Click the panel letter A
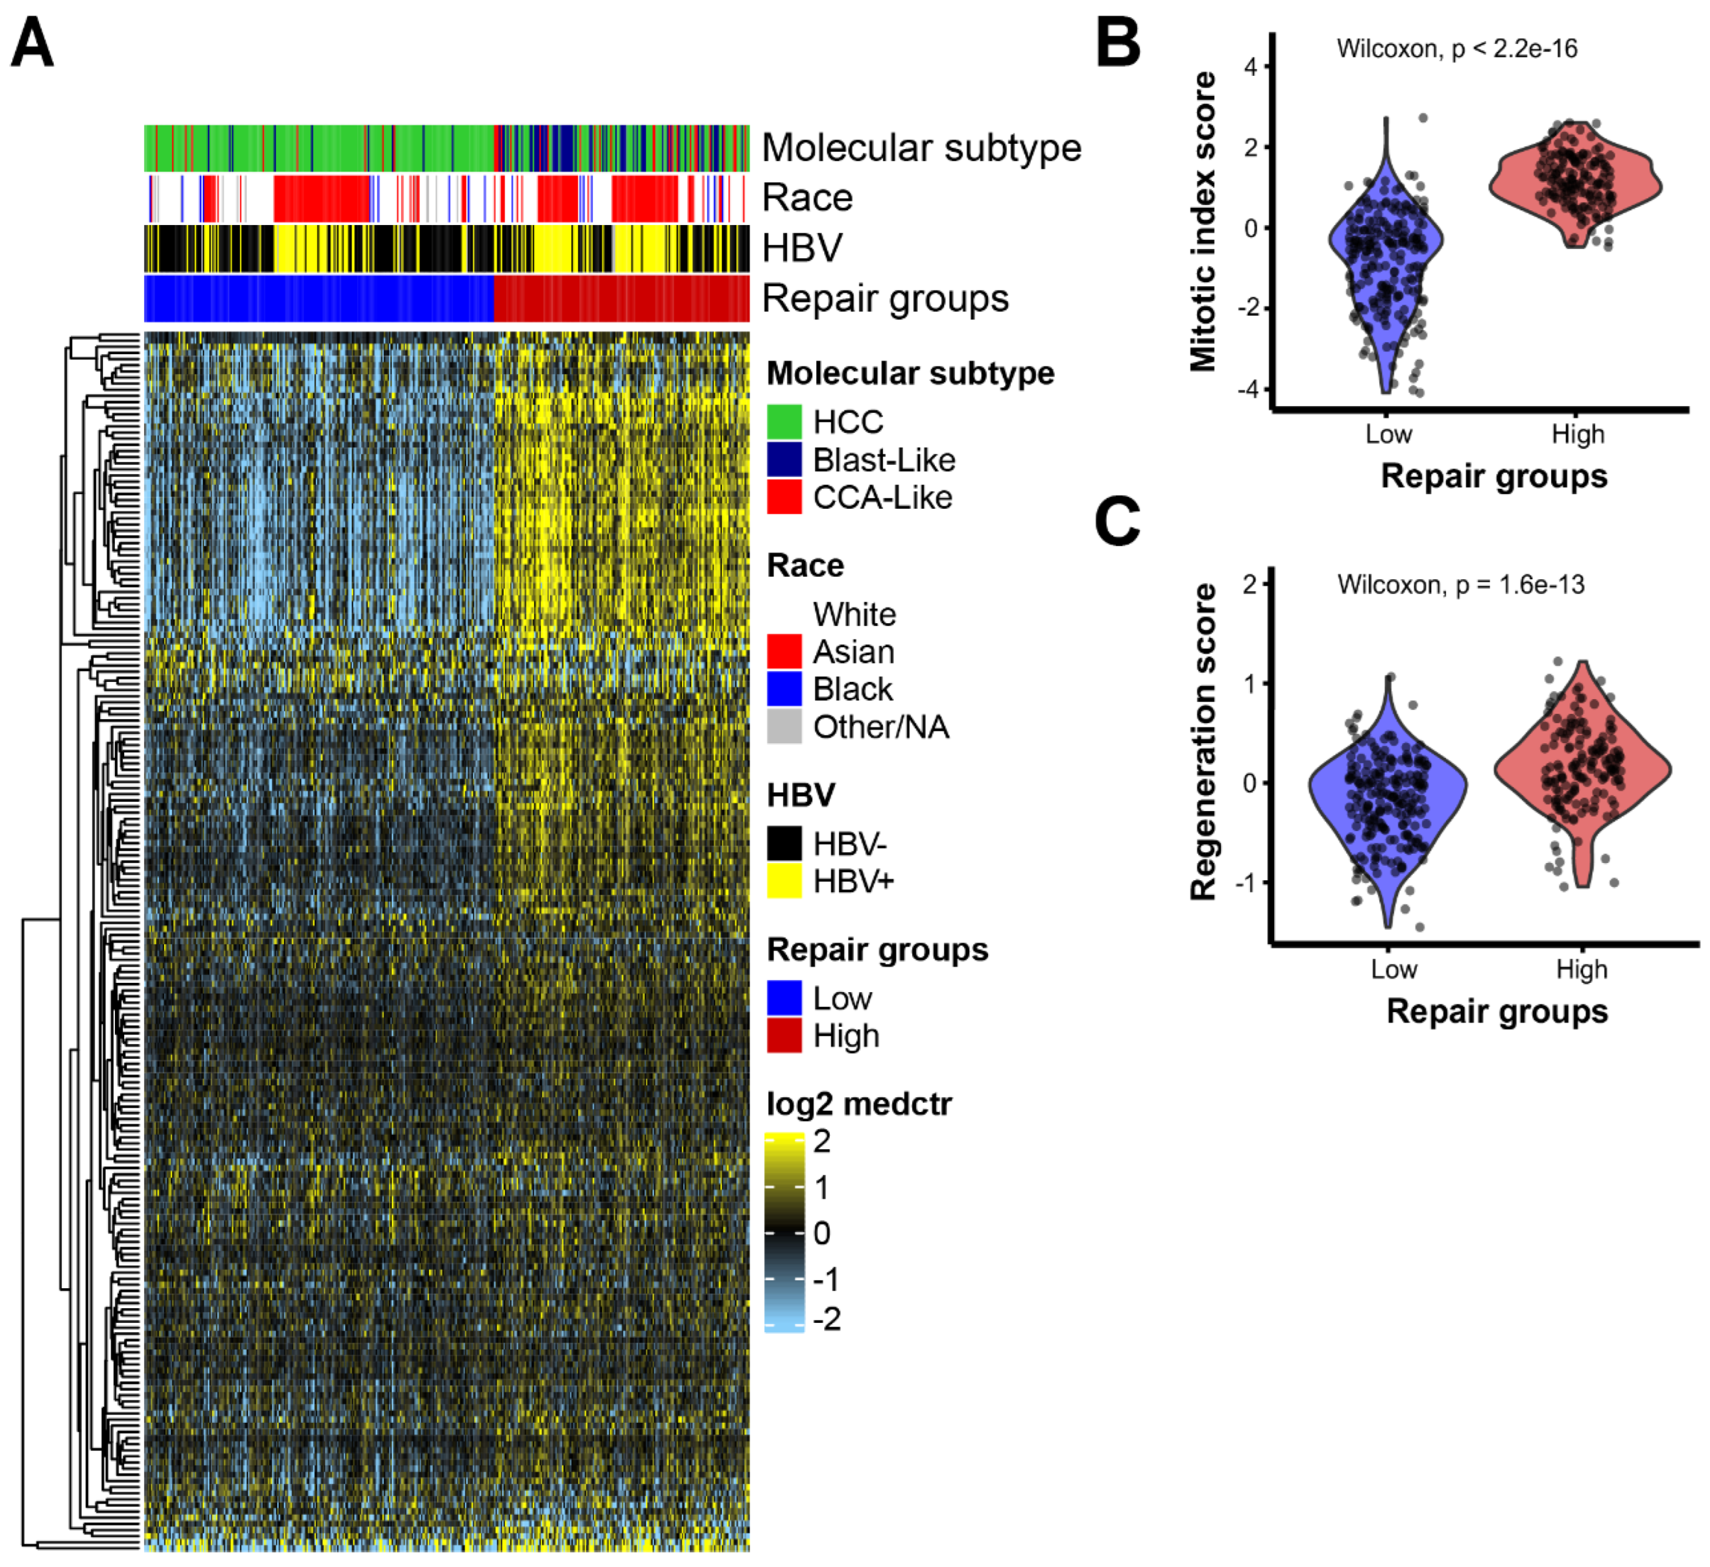(32, 44)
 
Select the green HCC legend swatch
(784, 421)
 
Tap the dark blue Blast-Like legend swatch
(784, 459)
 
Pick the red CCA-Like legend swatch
(784, 496)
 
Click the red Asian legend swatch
(784, 651)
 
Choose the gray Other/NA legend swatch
(784, 726)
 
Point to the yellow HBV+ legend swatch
(784, 881)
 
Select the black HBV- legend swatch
(784, 843)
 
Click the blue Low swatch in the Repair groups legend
(784, 998)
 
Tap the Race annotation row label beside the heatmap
(806, 198)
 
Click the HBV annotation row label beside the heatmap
(802, 248)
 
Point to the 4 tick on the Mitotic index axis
(1251, 66)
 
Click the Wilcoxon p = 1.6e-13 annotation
(1461, 585)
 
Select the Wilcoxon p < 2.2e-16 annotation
(1456, 48)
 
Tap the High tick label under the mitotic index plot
(1578, 434)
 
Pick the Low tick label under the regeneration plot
(1393, 969)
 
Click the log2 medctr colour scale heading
(858, 1104)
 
